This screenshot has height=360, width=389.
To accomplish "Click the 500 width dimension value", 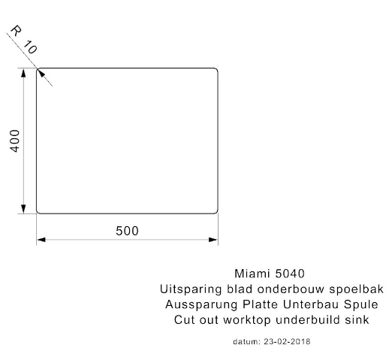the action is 127,231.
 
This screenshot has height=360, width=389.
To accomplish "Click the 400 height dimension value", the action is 15,141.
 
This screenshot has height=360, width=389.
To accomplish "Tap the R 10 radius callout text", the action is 24,40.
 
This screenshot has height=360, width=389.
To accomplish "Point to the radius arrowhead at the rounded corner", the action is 41,73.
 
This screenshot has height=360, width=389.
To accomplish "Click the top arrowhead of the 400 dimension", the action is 23,73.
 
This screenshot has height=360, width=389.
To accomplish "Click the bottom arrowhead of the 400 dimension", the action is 23,209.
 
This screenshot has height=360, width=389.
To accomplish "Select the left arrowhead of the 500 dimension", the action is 41,240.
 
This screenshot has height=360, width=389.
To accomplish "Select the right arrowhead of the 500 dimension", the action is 213,240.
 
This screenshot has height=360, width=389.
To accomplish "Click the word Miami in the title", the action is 252,274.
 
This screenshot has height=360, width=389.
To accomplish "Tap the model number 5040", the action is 290,274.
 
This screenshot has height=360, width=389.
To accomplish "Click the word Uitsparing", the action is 191,289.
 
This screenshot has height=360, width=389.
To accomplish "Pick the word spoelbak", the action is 356,289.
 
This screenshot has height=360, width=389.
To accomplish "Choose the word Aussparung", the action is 201,305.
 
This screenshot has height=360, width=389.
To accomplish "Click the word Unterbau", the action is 311,304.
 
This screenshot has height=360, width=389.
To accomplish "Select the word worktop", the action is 247,320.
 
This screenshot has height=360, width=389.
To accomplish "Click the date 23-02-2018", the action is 287,341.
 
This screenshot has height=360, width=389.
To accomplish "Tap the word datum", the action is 247,341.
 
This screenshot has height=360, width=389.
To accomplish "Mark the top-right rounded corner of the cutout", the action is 216,69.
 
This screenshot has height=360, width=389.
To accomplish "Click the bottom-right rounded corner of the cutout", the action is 216,212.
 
